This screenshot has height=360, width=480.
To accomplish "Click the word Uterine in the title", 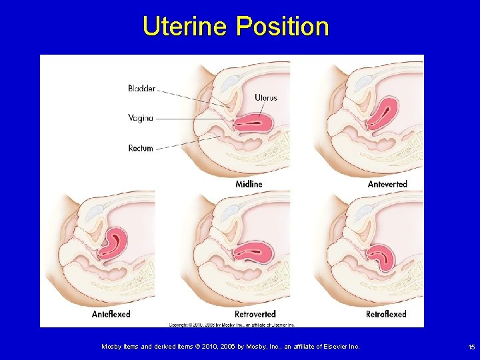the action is tap(185, 27).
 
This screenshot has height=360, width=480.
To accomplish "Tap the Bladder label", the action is tap(142, 88).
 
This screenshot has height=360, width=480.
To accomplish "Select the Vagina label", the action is tap(141, 118).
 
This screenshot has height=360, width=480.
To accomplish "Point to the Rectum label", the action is tap(141, 148).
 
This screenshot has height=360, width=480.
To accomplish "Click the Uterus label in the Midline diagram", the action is tap(265, 98).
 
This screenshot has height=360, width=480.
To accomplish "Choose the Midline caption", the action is tap(249, 183).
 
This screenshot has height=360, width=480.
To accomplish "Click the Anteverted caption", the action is tap(387, 183).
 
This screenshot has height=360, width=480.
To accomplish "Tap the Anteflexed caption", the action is tap(111, 313).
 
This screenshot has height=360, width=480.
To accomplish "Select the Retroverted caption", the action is tap(255, 313).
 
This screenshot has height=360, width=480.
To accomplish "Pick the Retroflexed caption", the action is tap(386, 313).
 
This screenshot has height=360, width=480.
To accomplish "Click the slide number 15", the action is tap(471, 347).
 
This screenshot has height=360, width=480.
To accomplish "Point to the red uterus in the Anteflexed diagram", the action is tap(115, 243).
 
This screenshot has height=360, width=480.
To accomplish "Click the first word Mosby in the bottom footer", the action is tap(111, 347).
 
